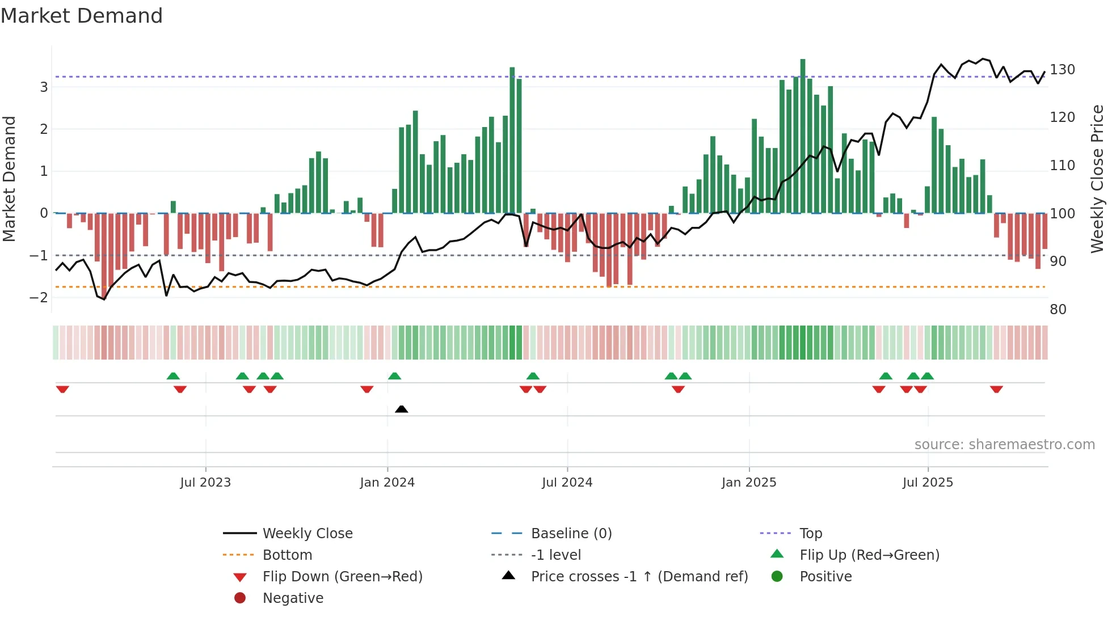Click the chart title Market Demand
[82, 16]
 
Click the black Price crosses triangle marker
[401, 409]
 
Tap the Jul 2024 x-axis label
[567, 483]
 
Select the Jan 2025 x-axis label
[748, 483]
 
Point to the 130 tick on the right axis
[1062, 70]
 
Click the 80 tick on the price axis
[1058, 310]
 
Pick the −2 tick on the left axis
[39, 298]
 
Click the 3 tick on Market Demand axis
[44, 87]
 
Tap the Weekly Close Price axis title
[1097, 179]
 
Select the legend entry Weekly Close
[307, 534]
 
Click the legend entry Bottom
[287, 555]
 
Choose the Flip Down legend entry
[342, 577]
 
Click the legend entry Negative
[293, 598]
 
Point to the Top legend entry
[810, 534]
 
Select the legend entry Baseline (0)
[571, 534]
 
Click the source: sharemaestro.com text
[1004, 445]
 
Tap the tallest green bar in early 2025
[803, 136]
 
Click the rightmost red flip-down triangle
[996, 389]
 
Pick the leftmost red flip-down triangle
[62, 389]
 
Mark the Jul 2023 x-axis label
[205, 483]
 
